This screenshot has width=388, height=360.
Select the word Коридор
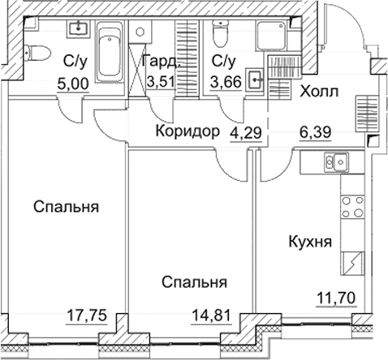pos(187,131)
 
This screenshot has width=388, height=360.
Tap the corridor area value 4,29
pos(244,131)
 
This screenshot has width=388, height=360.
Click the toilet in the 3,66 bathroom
pos(218,36)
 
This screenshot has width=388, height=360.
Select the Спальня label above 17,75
pos(67,207)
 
